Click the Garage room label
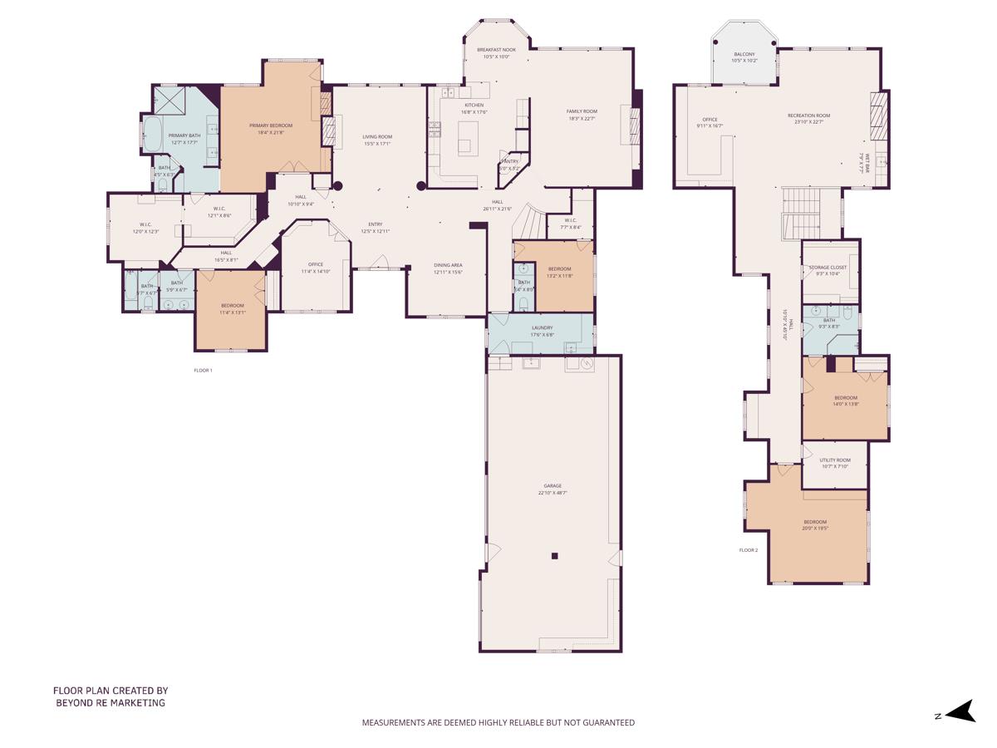[x=553, y=485]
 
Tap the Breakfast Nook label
[x=496, y=50]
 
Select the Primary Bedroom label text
[x=271, y=125]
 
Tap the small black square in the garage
[x=555, y=556]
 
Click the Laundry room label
[x=542, y=327]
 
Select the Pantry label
[x=509, y=161]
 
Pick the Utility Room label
[x=835, y=460]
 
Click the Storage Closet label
[x=828, y=268]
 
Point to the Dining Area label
[x=448, y=265]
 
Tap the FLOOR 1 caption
[x=203, y=370]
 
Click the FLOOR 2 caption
[x=749, y=549]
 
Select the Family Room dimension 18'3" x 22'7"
[x=582, y=118]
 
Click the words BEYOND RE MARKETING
[x=111, y=702]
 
